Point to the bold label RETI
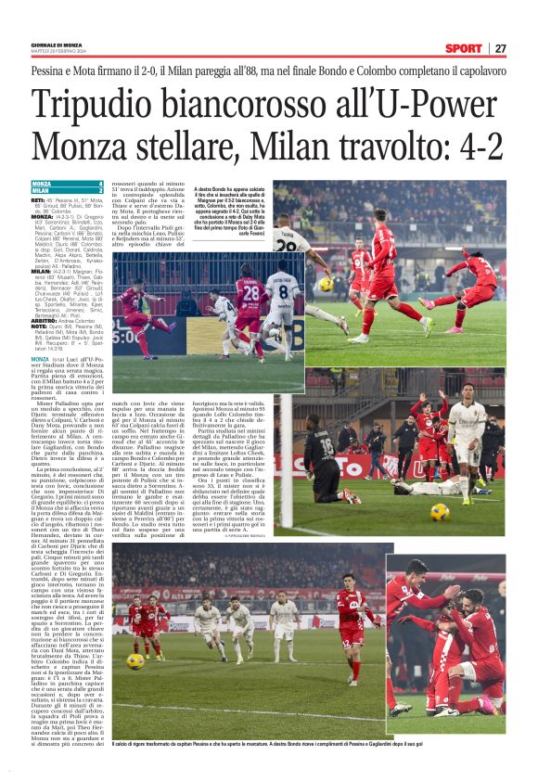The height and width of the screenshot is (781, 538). tap(37, 199)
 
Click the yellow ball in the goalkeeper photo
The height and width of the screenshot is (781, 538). tap(440, 511)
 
